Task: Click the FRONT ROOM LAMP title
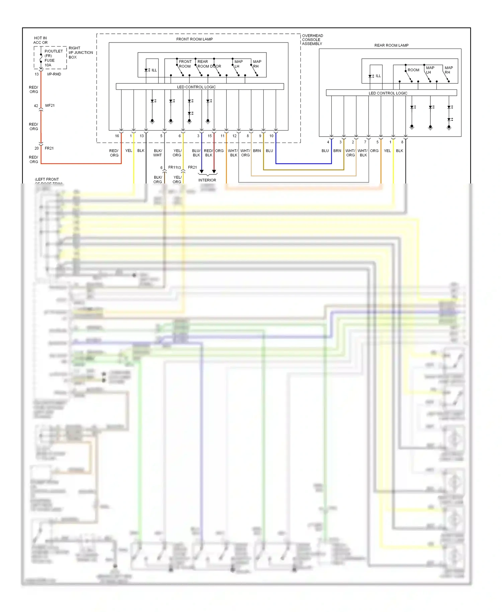click(x=194, y=39)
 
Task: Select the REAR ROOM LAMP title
click(x=391, y=45)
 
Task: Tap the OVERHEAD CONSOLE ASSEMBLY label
click(x=312, y=40)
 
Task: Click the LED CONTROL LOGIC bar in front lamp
click(x=196, y=87)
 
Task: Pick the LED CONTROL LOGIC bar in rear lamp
click(x=388, y=93)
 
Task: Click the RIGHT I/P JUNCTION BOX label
click(x=80, y=53)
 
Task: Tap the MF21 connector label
click(x=50, y=105)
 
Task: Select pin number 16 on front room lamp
click(x=117, y=136)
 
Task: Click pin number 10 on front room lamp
click(x=271, y=136)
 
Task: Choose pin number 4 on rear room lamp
click(x=328, y=142)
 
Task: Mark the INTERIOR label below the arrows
click(x=207, y=180)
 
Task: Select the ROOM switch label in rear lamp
click(x=413, y=70)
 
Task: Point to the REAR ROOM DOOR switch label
click(x=209, y=64)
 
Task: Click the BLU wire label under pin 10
click(x=269, y=151)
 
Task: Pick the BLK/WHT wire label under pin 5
click(x=158, y=153)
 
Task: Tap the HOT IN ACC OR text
click(x=40, y=40)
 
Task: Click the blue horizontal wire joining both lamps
click(x=304, y=164)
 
